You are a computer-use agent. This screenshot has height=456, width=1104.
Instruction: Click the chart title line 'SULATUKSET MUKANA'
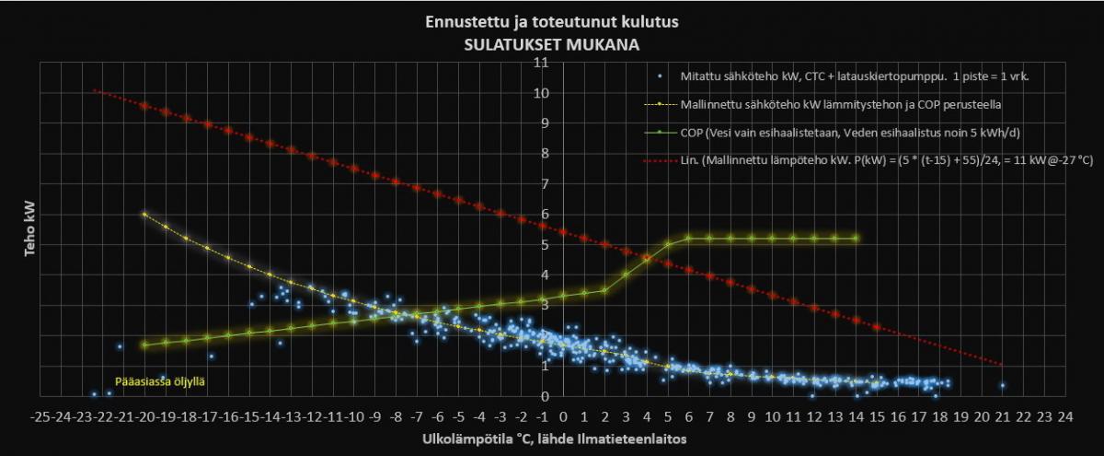click(x=552, y=42)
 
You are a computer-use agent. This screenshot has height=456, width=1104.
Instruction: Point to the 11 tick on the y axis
click(x=542, y=63)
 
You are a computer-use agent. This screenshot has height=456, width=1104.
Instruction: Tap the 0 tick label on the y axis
click(x=546, y=396)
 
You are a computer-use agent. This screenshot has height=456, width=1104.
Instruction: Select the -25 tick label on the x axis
click(x=40, y=415)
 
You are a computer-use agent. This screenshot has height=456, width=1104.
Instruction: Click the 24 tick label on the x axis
click(x=1065, y=415)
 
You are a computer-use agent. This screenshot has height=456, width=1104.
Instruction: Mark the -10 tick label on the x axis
click(x=353, y=415)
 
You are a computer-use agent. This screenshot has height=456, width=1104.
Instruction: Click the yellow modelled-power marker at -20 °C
click(x=144, y=214)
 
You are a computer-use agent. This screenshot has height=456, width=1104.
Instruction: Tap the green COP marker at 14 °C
click(x=857, y=238)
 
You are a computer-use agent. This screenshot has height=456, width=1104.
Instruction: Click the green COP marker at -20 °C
click(x=144, y=345)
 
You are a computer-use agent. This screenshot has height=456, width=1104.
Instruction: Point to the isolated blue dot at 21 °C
click(x=1003, y=385)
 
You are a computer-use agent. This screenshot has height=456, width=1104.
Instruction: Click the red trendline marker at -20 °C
click(x=144, y=106)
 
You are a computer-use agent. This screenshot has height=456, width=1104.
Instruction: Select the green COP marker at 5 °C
click(x=668, y=244)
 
